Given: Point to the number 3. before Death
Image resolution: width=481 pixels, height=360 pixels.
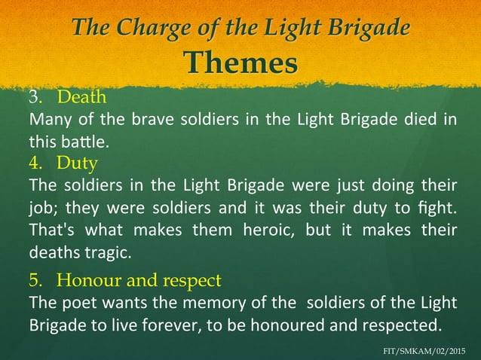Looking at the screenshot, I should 36,98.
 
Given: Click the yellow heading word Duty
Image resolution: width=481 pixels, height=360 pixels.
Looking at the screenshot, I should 78,162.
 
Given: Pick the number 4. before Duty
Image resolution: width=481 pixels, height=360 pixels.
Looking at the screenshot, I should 36,162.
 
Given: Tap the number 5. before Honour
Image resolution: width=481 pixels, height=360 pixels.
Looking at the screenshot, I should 36,281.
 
